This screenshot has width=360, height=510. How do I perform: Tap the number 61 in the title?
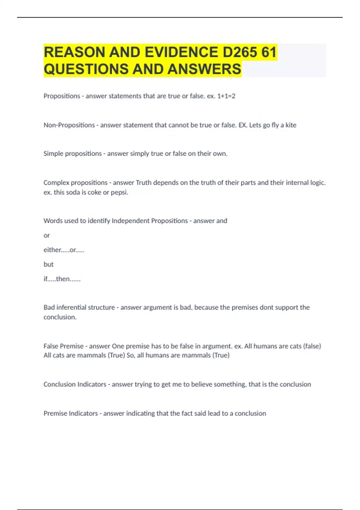coord(269,52)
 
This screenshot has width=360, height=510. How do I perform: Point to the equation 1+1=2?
coord(226,96)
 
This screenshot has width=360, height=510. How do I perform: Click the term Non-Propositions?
coord(69,125)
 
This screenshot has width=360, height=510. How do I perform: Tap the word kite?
coord(291,125)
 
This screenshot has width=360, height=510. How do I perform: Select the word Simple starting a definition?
coord(53,154)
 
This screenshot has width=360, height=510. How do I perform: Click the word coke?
coord(94,192)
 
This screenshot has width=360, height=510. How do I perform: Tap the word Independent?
coord(130,221)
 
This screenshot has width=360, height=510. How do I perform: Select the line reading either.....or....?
coord(64,250)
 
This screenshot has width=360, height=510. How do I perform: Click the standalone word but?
coord(48,264)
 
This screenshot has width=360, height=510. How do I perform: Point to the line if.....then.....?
coord(62,279)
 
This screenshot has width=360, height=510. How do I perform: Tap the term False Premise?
coord(63,346)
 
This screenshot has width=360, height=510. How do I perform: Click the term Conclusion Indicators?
coord(75,384)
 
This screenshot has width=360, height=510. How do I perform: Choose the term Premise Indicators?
coord(70,413)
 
